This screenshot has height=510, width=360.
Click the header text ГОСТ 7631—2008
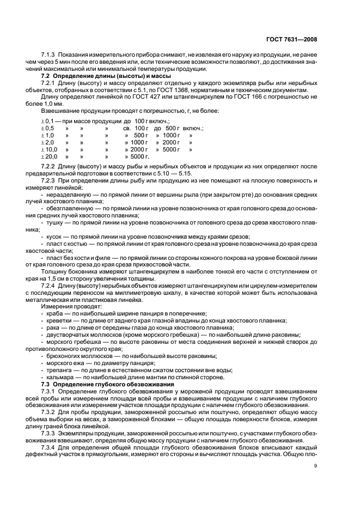[x=291, y=39]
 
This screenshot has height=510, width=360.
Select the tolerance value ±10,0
[x=49, y=149]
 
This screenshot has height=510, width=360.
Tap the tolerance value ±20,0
[x=49, y=156]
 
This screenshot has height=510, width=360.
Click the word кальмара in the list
[x=59, y=378]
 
